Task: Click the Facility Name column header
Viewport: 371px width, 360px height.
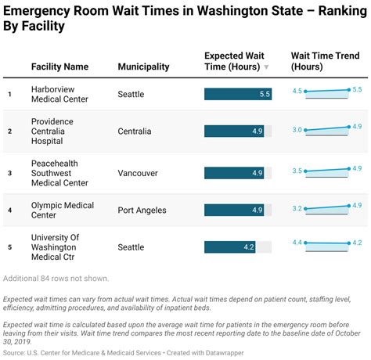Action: [59, 67]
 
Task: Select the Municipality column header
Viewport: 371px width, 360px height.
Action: [143, 67]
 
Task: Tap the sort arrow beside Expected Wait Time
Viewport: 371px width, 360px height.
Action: [266, 67]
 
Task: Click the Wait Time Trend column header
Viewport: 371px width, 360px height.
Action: [325, 61]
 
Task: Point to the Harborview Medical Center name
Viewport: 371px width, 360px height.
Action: [59, 94]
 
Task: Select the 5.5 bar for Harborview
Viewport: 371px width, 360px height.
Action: [238, 94]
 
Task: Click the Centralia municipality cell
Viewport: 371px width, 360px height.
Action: [135, 131]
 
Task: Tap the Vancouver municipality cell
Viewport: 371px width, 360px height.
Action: [138, 173]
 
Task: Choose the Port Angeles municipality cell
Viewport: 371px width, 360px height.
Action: [142, 210]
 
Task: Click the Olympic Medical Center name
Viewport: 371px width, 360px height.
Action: [63, 210]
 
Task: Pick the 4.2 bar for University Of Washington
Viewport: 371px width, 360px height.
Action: [230, 247]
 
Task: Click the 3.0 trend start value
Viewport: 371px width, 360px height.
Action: [297, 130]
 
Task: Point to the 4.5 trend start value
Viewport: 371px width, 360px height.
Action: [297, 91]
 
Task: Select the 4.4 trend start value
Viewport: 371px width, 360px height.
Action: [297, 243]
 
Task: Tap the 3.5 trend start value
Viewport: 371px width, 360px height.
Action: [297, 171]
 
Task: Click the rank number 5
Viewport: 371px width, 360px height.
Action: [10, 247]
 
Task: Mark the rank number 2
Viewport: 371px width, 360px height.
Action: [10, 131]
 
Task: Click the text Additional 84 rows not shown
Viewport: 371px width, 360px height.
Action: [56, 279]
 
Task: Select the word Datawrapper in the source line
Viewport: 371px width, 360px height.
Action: [225, 353]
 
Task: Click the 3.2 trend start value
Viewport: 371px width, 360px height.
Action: [297, 208]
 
